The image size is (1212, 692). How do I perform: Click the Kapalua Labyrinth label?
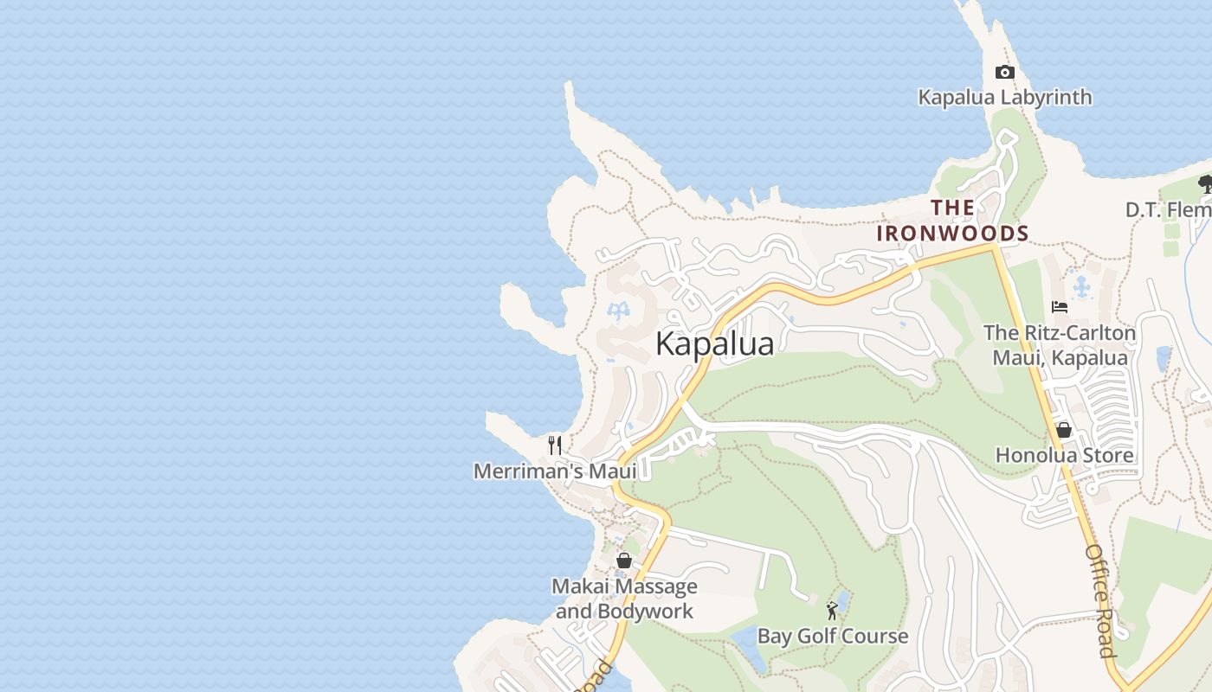(1004, 97)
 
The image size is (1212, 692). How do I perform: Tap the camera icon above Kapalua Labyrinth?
(1004, 73)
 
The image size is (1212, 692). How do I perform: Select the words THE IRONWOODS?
(952, 221)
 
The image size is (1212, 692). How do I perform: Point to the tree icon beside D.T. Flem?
(1204, 183)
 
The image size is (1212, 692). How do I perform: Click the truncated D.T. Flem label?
(1168, 209)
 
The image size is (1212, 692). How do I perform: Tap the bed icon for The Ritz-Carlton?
(1059, 307)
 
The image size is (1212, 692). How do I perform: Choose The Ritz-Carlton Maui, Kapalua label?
(1060, 345)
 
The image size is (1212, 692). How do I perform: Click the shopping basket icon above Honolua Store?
(1064, 430)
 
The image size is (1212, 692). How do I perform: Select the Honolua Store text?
(1064, 455)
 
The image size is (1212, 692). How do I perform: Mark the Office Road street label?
(1099, 600)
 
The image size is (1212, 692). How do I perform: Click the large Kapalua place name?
(714, 343)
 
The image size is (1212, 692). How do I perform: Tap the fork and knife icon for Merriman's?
(555, 445)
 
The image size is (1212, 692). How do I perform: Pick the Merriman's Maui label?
(554, 471)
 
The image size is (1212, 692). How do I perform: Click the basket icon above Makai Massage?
(623, 561)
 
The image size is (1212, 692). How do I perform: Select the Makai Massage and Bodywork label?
(624, 599)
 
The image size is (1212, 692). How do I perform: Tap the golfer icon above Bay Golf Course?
(832, 611)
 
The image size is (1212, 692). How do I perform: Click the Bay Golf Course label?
(833, 637)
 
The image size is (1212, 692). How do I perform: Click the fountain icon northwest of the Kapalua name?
(619, 311)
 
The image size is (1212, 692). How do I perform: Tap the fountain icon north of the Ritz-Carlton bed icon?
(1080, 285)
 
